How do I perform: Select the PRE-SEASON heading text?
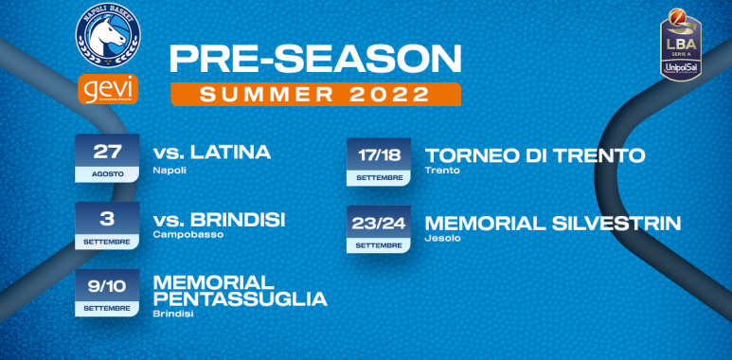(314, 58)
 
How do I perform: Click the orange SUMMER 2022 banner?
(315, 94)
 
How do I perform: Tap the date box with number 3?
(107, 225)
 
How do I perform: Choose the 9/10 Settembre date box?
(107, 292)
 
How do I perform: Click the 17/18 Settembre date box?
(378, 161)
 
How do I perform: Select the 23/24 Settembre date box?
(378, 228)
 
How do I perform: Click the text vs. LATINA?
(212, 153)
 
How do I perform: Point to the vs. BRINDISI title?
(219, 220)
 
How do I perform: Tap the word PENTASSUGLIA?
(240, 299)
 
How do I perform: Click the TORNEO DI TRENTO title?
(535, 154)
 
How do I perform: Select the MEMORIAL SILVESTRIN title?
(553, 223)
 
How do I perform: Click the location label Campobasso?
(187, 235)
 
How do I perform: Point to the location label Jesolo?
(441, 238)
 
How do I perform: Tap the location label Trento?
(442, 171)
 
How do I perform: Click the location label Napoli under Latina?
(169, 170)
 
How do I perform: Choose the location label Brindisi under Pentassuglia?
(171, 315)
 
